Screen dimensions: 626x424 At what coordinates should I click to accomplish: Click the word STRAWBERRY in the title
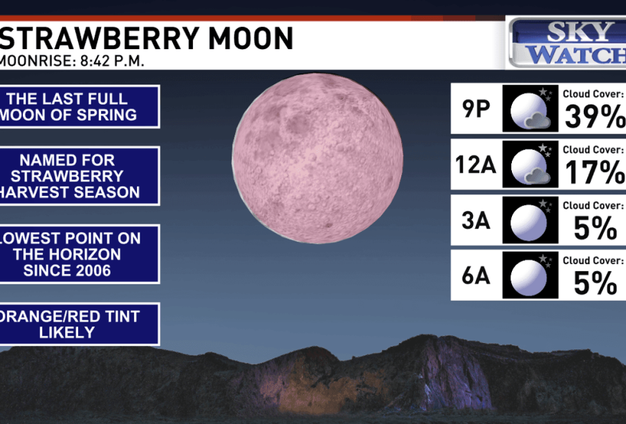pos(100,38)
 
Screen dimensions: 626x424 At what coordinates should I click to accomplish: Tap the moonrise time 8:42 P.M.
pos(112,61)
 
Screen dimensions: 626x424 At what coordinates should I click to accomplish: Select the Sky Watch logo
pos(567,43)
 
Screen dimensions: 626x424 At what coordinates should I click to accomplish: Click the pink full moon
pos(317,158)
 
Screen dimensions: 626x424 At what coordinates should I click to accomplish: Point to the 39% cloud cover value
pos(595,116)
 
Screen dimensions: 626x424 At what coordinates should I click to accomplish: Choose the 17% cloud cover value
pos(595,172)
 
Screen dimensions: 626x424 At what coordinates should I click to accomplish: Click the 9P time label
pos(476,108)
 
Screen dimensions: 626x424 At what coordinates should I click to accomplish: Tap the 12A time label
pos(476,164)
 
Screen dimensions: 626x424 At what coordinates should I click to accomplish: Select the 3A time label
pos(476,220)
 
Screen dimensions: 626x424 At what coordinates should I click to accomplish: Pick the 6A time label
pos(476,275)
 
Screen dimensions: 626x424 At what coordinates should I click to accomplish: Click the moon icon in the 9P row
pos(530,108)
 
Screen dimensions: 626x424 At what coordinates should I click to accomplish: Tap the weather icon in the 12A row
pos(530,164)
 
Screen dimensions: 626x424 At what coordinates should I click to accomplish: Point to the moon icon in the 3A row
pos(530,220)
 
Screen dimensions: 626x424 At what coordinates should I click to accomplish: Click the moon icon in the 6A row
pos(530,275)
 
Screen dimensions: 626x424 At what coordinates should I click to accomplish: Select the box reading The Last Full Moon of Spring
pos(80,107)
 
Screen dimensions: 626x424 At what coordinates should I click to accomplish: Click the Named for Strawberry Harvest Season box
pos(80,176)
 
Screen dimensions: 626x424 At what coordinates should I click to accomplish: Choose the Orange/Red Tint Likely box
pos(80,324)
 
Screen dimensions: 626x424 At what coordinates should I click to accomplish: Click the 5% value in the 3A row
pos(596,228)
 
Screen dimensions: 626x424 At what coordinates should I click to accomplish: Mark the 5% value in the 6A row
pos(596,284)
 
